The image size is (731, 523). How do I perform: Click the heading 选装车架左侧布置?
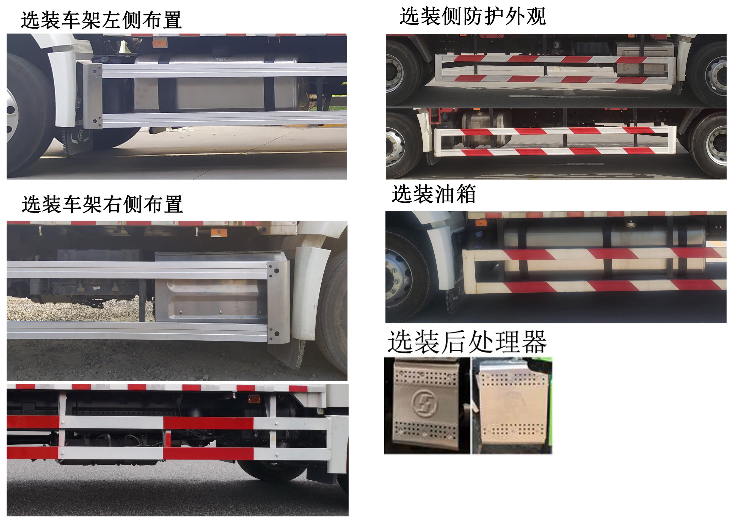101,20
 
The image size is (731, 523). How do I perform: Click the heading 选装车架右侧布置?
102,204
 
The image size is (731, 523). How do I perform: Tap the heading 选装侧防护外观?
472,16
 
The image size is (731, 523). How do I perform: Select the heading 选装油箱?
434,194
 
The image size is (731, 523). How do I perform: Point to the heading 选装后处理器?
467,342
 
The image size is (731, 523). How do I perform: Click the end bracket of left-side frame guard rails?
92,96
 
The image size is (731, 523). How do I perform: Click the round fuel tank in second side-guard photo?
486,127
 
